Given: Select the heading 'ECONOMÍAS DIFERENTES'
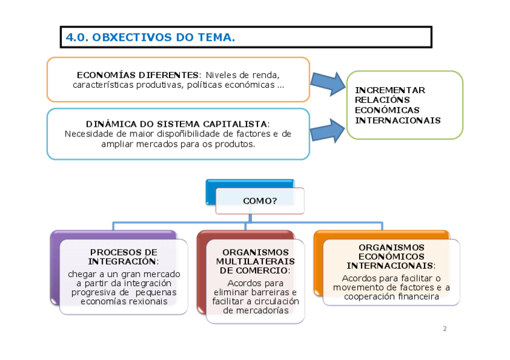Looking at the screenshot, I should [138, 75].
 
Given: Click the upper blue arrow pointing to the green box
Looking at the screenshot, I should [328, 82].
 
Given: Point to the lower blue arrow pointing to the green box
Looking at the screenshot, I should [328, 129].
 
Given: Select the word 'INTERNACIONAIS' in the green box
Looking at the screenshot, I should [398, 120].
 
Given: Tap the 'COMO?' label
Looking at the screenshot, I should [260, 201].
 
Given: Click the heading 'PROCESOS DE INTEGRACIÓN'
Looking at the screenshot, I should [123, 257].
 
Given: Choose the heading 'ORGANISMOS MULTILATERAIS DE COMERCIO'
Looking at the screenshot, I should [255, 261].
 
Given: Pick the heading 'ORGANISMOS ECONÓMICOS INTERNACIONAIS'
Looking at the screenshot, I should [391, 256].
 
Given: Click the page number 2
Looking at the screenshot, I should [444, 329].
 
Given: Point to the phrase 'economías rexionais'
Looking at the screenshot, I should [124, 301].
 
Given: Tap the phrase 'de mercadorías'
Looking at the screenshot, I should [255, 310].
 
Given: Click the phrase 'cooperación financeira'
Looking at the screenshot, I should [391, 296].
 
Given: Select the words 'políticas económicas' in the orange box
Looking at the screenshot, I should [231, 85].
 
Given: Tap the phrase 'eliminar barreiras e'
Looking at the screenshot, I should [255, 292].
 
